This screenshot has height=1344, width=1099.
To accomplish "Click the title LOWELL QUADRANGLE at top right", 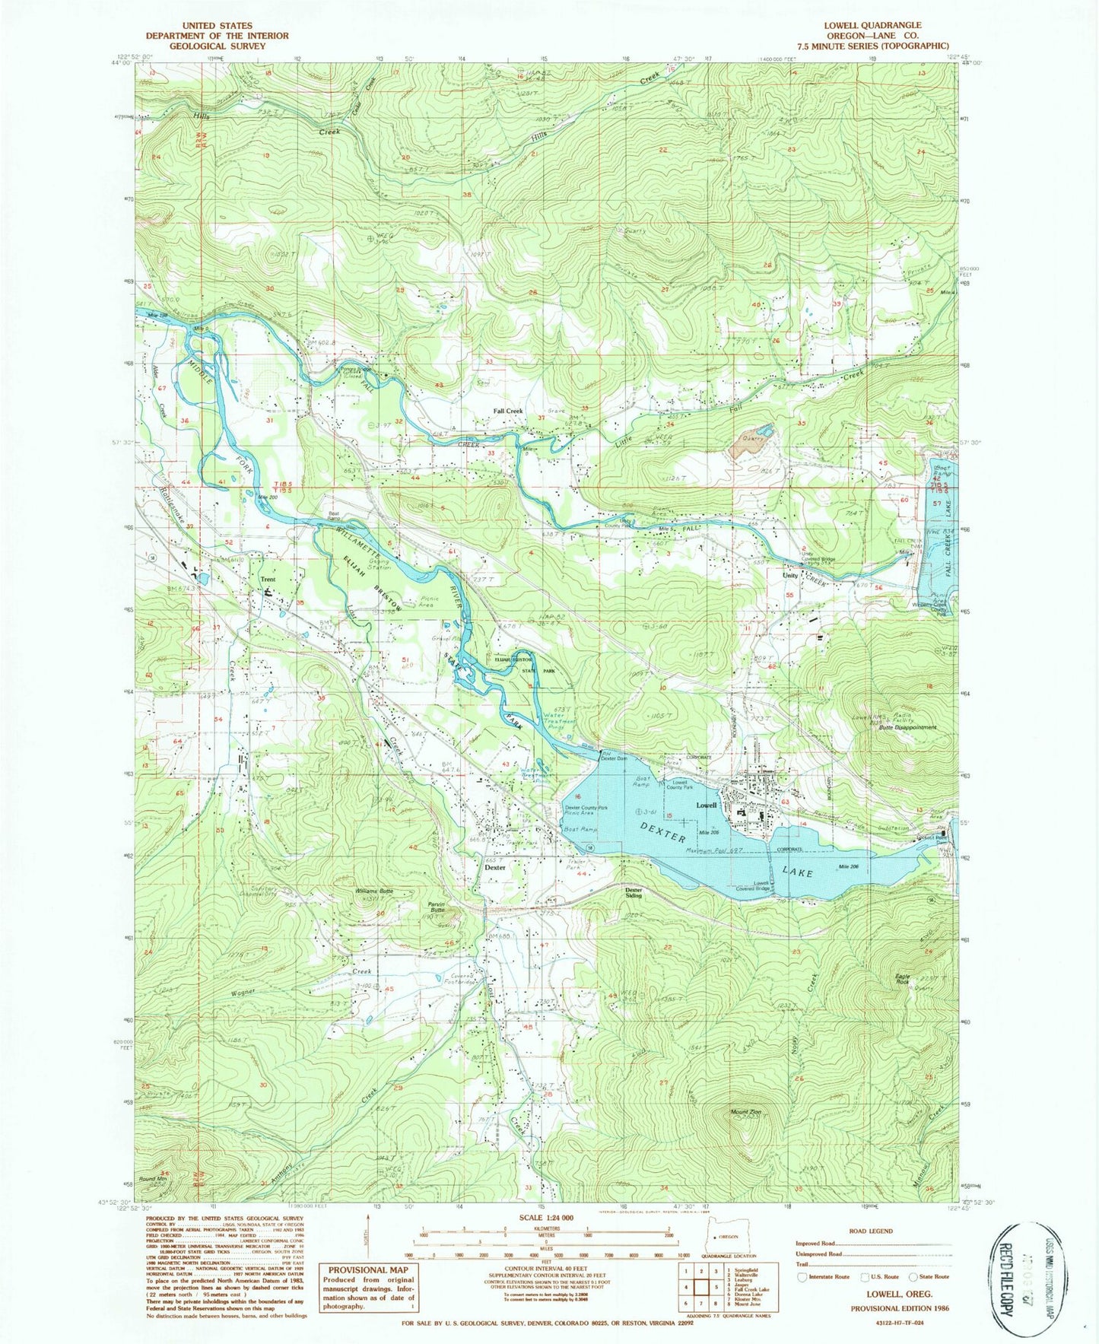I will coord(872,25).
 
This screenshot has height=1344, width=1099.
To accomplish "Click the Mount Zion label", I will coord(745,1111).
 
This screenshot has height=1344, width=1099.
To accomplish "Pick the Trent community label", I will coord(268,580).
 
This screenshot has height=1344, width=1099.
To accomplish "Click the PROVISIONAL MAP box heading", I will coord(368,1270).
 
